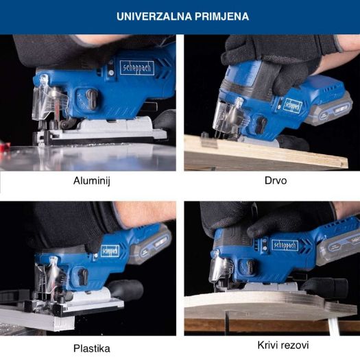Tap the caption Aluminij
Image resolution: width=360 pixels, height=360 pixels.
click(92, 181)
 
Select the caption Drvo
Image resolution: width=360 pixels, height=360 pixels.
click(276, 180)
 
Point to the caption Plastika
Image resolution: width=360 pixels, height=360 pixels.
click(92, 348)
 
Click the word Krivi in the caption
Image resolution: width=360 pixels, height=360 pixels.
click(267, 345)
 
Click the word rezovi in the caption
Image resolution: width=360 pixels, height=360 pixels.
click(294, 346)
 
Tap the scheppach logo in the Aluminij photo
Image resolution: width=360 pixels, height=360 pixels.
click(137, 68)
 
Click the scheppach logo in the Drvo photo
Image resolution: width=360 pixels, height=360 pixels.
click(293, 106)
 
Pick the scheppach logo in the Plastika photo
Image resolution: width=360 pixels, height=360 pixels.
click(110, 251)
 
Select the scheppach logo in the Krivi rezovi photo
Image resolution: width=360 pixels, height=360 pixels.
click(285, 245)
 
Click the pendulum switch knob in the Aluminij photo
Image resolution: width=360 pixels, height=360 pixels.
click(91, 99)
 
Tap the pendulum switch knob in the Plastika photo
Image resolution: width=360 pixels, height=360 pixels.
click(83, 277)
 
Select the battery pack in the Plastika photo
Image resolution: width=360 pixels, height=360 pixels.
click(150, 247)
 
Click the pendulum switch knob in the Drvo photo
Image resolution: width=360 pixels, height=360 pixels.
click(261, 125)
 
